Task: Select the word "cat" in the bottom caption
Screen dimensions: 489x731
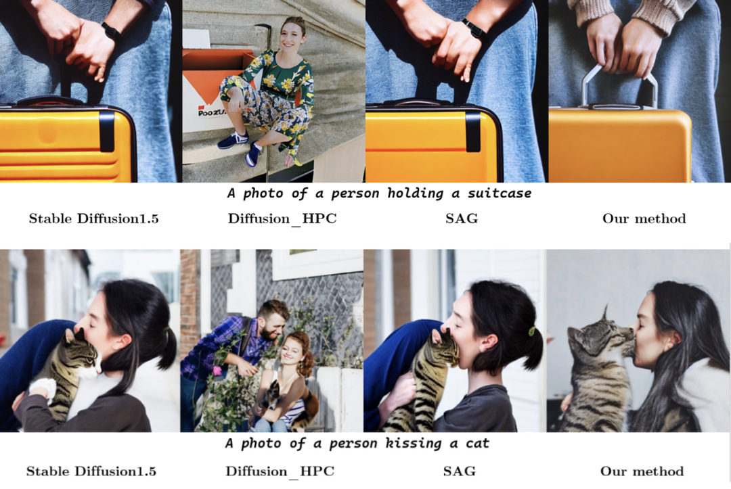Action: [473, 444]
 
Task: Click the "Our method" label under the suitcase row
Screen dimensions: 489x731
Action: [644, 218]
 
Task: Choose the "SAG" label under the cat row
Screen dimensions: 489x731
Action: [460, 471]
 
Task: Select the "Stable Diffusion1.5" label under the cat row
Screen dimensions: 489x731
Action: [91, 471]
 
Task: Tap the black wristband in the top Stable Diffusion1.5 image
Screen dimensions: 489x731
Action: [110, 31]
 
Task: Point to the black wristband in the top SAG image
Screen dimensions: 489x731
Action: [474, 28]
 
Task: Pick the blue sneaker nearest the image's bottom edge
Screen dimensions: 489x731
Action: [253, 155]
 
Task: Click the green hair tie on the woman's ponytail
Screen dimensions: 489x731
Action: [532, 331]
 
